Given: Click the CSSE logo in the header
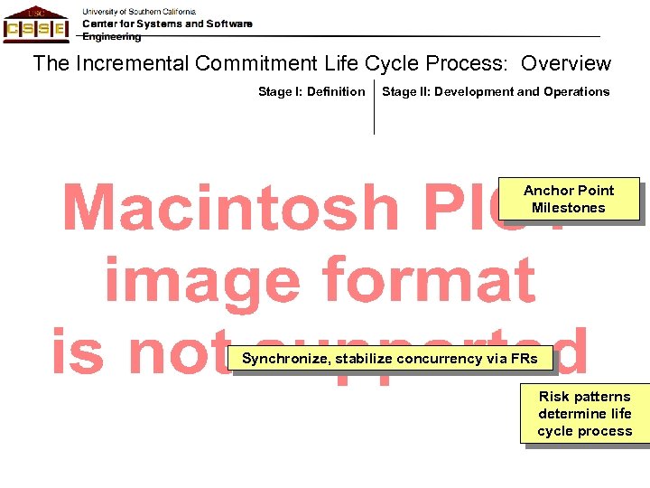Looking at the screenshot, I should [x=35, y=23].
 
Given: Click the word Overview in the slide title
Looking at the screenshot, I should [x=566, y=64].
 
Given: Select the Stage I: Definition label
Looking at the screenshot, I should [x=311, y=91].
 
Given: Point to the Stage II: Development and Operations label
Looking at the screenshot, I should [x=496, y=91].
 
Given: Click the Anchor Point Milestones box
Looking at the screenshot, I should [x=569, y=199].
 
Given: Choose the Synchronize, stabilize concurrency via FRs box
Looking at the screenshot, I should [x=390, y=359].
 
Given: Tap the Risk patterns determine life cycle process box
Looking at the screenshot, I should [x=584, y=413].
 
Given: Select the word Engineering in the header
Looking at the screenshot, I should [x=112, y=37].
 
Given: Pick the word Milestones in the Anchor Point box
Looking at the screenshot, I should [x=569, y=208].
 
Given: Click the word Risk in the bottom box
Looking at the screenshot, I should [x=553, y=397].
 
